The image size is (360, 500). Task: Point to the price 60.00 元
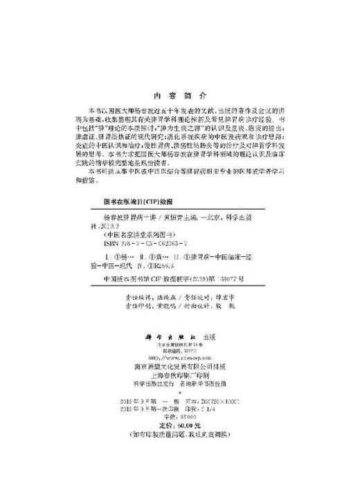pos(182,443)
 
